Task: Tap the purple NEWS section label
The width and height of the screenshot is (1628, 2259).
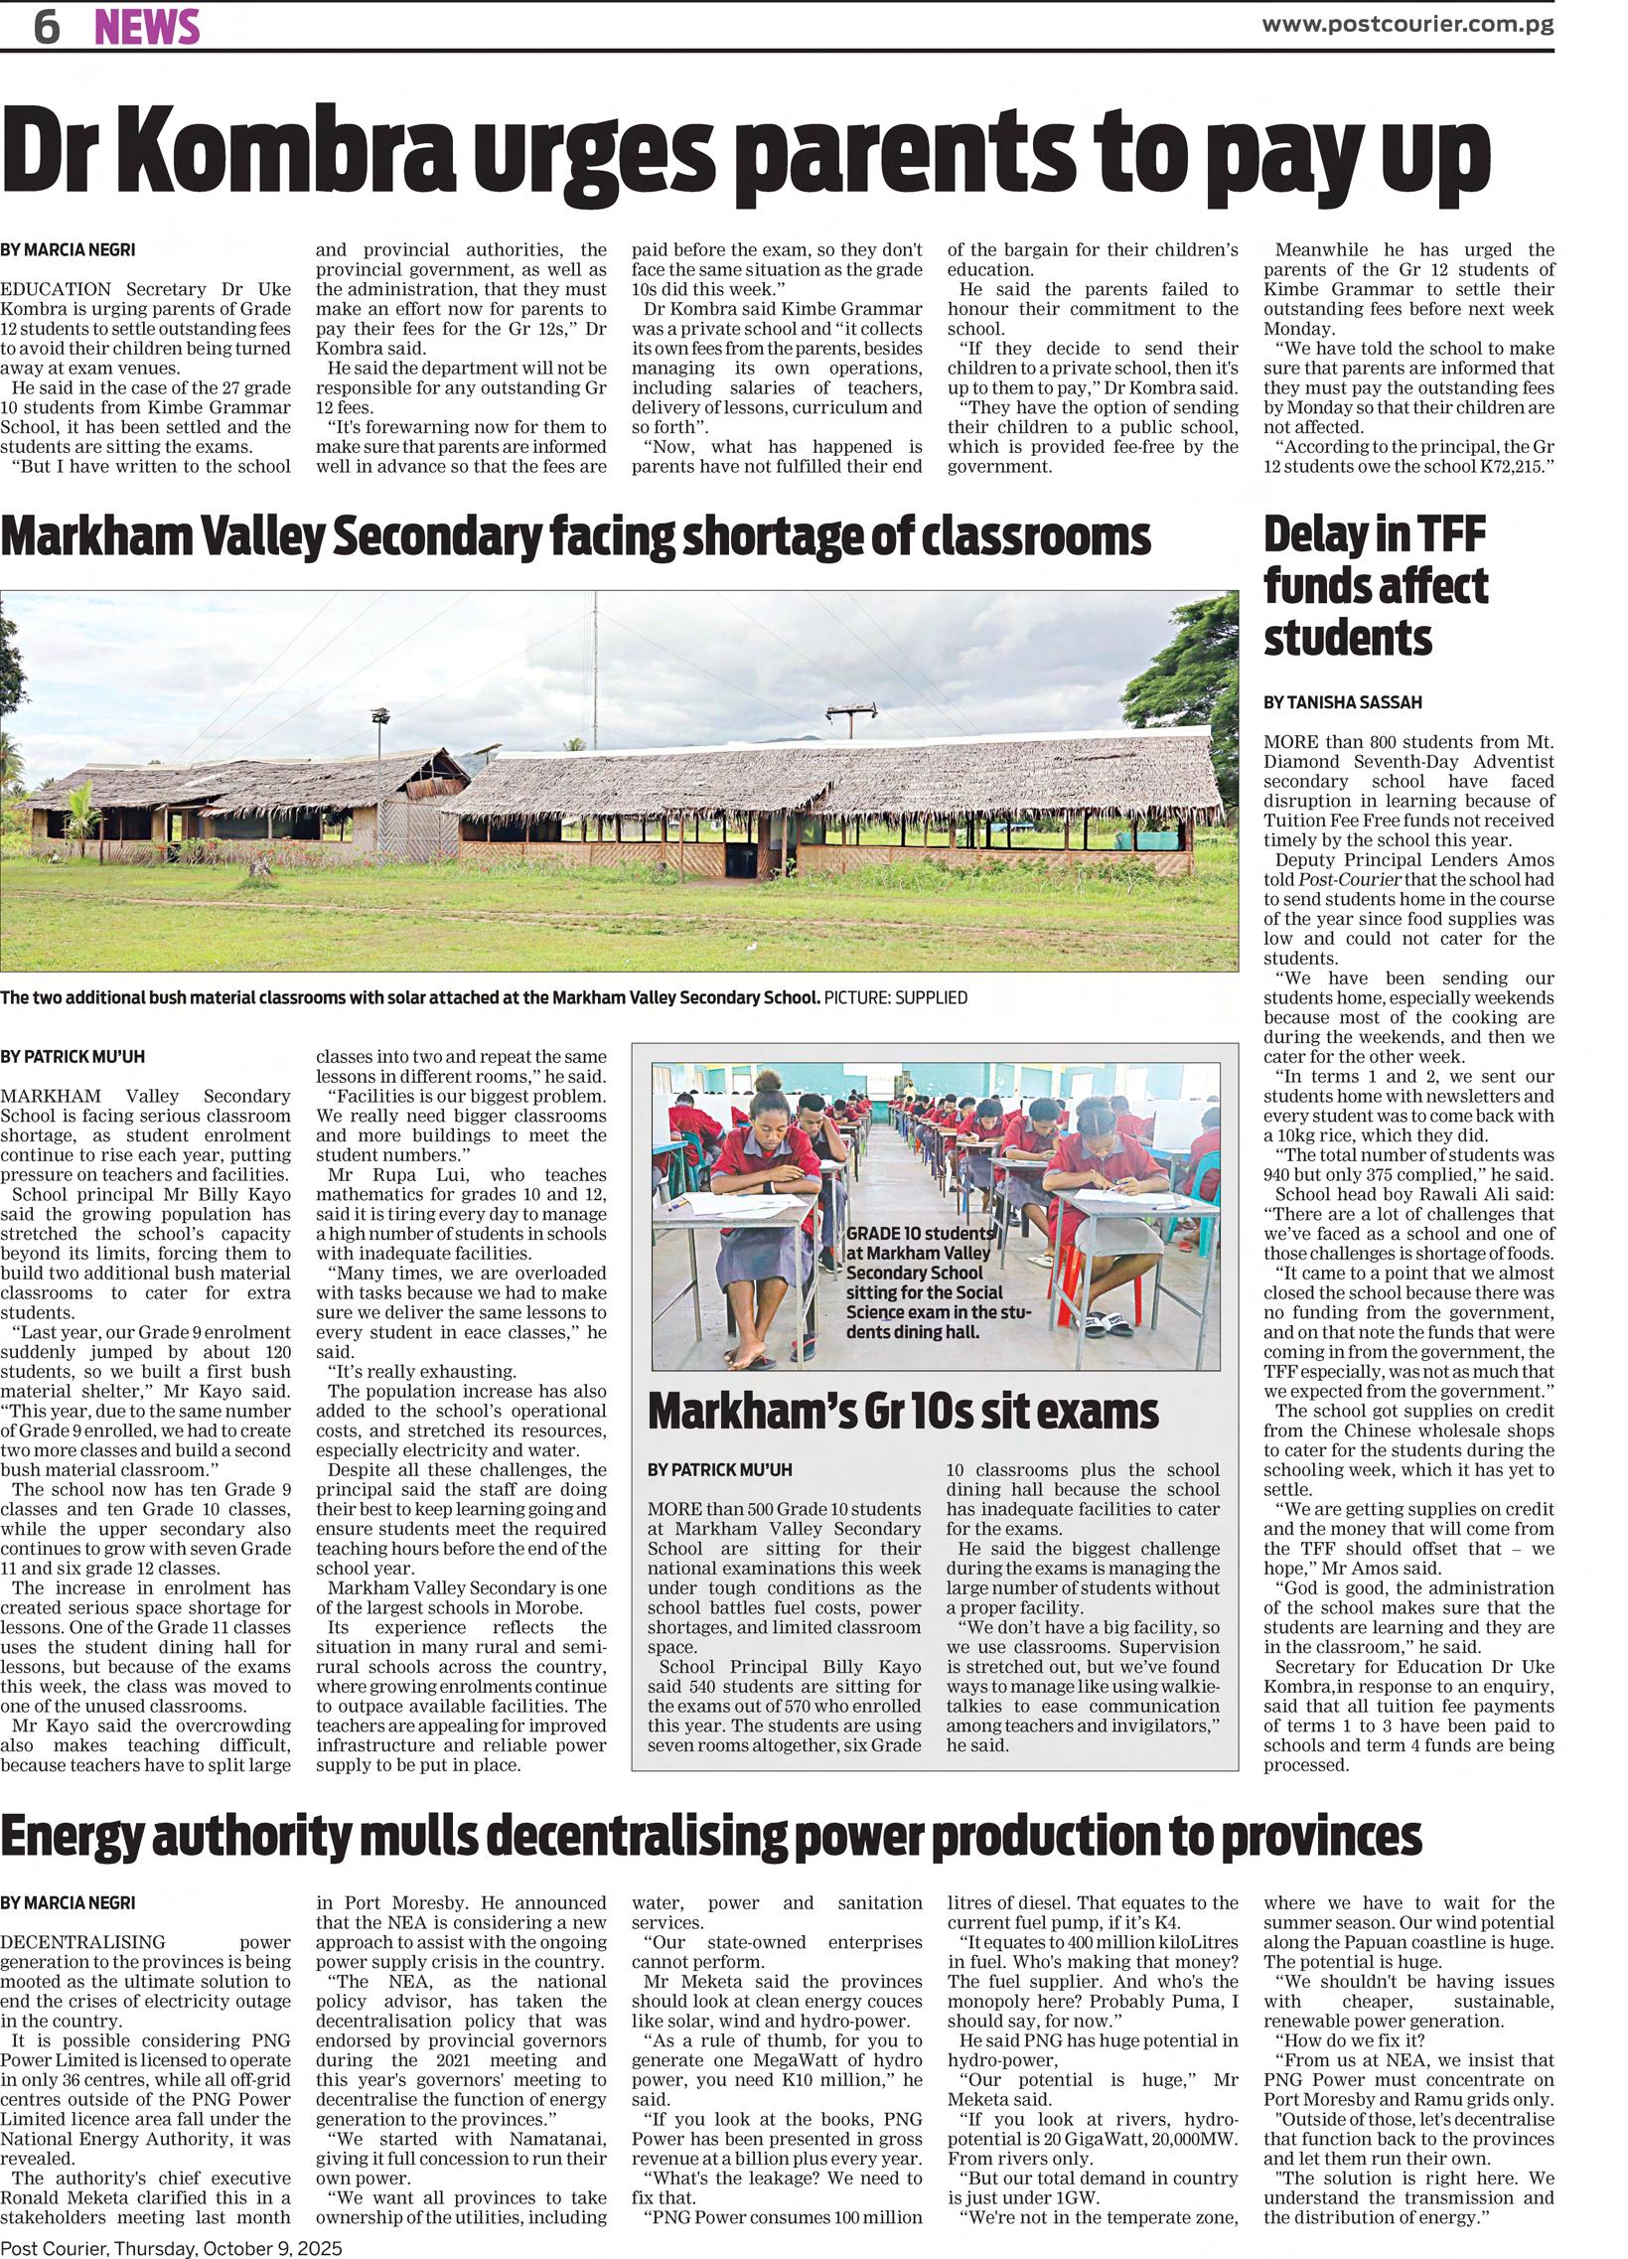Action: [146, 27]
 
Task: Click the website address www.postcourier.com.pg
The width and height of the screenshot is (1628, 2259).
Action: [1406, 25]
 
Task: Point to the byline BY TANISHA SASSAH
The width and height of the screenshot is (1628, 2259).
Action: [1342, 702]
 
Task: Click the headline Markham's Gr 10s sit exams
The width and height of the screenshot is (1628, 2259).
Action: [902, 1412]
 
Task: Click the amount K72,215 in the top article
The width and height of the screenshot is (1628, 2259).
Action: [1502, 466]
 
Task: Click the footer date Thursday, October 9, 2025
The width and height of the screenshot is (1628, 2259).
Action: [228, 2247]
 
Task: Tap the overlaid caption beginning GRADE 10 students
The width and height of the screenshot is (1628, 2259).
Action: [937, 1281]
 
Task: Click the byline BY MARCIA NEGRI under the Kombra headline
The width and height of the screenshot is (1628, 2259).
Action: [68, 250]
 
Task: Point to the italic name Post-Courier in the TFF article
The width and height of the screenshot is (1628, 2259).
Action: [1339, 879]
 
